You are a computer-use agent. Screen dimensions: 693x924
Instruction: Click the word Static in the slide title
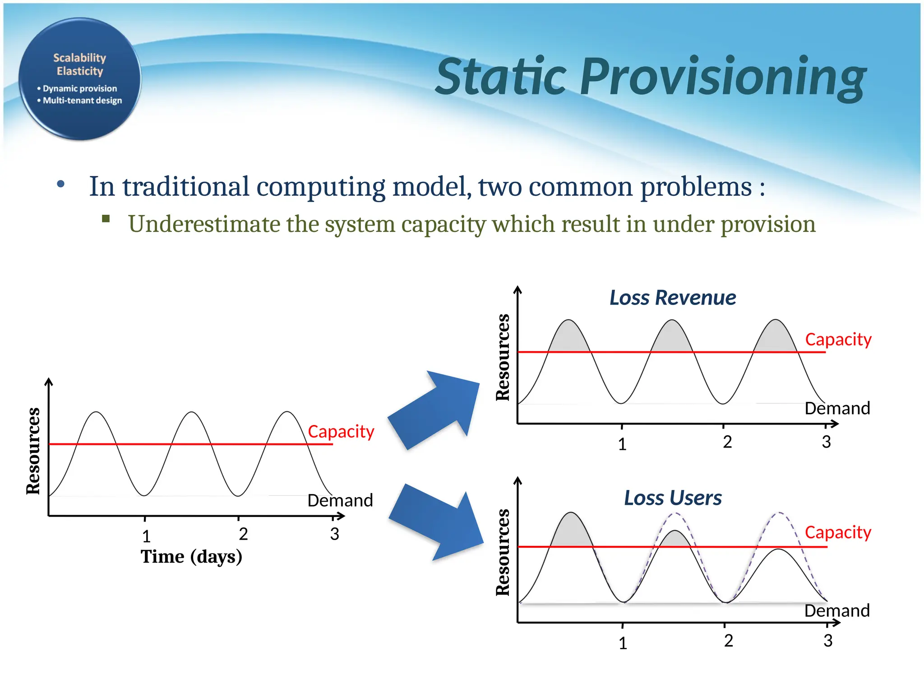pyautogui.click(x=501, y=77)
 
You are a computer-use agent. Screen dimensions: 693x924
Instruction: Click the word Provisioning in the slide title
pyautogui.click(x=722, y=78)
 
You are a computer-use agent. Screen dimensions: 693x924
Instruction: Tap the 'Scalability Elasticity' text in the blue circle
pyautogui.click(x=79, y=65)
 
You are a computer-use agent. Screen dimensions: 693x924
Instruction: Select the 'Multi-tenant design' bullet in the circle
pyautogui.click(x=82, y=100)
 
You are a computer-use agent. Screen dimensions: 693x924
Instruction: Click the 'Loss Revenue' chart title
pyautogui.click(x=672, y=298)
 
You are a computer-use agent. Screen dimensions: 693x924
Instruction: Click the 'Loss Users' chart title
pyautogui.click(x=672, y=498)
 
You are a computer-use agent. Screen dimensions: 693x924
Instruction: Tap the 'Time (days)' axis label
pyautogui.click(x=191, y=557)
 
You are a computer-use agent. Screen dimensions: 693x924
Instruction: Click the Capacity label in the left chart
pyautogui.click(x=341, y=431)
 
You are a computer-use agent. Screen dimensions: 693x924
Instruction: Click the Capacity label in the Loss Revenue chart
pyautogui.click(x=838, y=339)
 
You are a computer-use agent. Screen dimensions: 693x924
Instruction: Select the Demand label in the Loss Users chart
pyautogui.click(x=837, y=610)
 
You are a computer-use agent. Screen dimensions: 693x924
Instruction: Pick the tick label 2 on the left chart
pyautogui.click(x=243, y=534)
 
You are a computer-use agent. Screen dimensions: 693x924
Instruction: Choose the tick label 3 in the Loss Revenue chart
pyautogui.click(x=826, y=442)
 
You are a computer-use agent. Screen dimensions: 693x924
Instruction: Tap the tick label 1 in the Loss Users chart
pyautogui.click(x=623, y=643)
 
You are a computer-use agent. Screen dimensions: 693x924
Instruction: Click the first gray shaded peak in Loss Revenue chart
pyautogui.click(x=569, y=338)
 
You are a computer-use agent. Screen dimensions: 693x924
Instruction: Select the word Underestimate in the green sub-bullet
pyautogui.click(x=203, y=224)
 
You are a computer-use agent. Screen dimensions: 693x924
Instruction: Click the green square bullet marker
pyautogui.click(x=106, y=219)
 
